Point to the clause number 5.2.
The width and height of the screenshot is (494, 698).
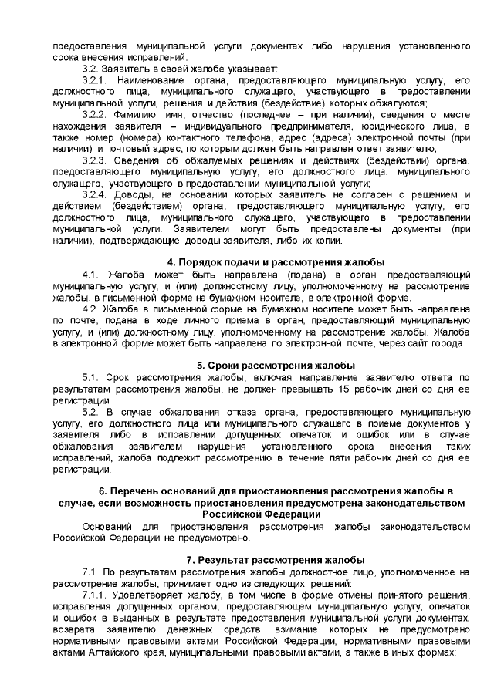[x=90, y=410]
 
